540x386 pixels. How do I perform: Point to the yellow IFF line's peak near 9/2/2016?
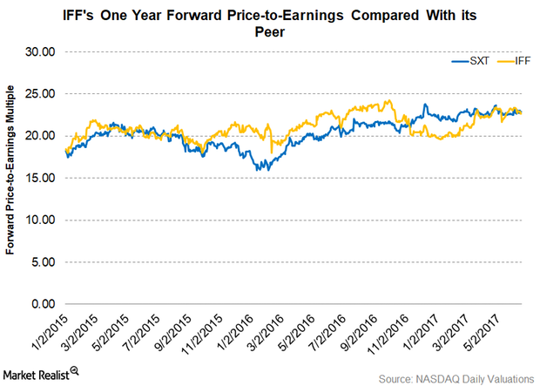[385, 100]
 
